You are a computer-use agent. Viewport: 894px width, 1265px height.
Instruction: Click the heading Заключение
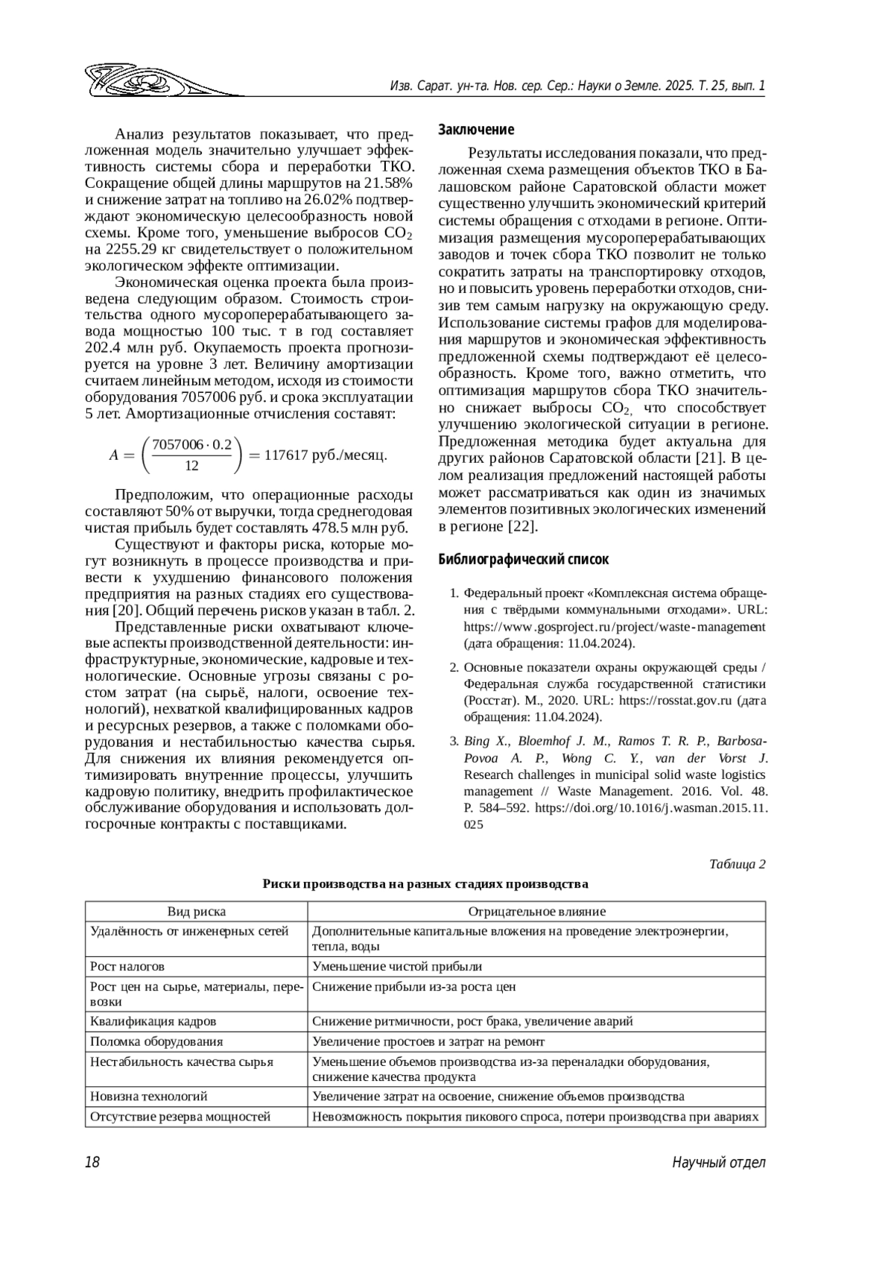tap(476, 130)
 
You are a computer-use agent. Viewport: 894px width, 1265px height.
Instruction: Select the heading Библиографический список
tap(523, 559)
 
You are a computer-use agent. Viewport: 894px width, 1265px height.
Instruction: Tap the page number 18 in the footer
tap(92, 1162)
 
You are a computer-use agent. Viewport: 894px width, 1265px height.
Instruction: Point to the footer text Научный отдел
tap(718, 1162)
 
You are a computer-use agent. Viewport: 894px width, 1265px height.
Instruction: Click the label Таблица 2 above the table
tap(737, 864)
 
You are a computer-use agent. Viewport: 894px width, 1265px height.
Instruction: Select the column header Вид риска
tap(196, 911)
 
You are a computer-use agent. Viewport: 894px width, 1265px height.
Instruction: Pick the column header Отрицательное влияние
tap(536, 911)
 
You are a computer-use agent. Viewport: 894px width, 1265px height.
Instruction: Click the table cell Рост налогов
tap(127, 966)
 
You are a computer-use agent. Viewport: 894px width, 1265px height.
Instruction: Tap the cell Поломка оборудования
tap(156, 1041)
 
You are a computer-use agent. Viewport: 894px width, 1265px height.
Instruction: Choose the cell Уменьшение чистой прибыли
tap(397, 966)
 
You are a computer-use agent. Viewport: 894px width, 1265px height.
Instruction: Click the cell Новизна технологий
tap(149, 1096)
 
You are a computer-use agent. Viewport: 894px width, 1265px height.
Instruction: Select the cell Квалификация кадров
tap(153, 1021)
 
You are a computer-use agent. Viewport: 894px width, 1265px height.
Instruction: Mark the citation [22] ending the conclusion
tap(522, 526)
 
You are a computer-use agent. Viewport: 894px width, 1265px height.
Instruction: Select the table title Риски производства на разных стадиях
tap(425, 884)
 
